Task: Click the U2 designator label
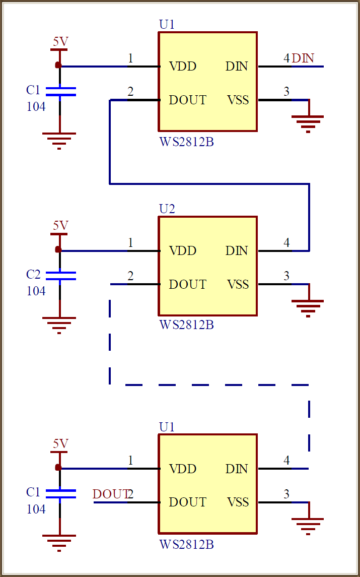point(167,209)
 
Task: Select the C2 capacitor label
point(33,275)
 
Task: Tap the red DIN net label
point(303,58)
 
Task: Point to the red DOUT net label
point(110,494)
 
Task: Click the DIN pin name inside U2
point(237,250)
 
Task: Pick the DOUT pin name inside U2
point(187,284)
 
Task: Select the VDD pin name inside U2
point(182,250)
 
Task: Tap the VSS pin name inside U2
point(238,284)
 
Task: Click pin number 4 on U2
point(286,243)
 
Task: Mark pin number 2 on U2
point(130,276)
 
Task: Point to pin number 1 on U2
point(130,243)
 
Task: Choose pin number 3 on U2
point(286,276)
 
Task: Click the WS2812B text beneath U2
point(186,325)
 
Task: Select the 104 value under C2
point(36,291)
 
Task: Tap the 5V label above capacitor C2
point(60,225)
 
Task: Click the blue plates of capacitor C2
point(60,275)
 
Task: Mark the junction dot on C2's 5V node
point(58,249)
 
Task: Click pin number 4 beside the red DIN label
point(286,58)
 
